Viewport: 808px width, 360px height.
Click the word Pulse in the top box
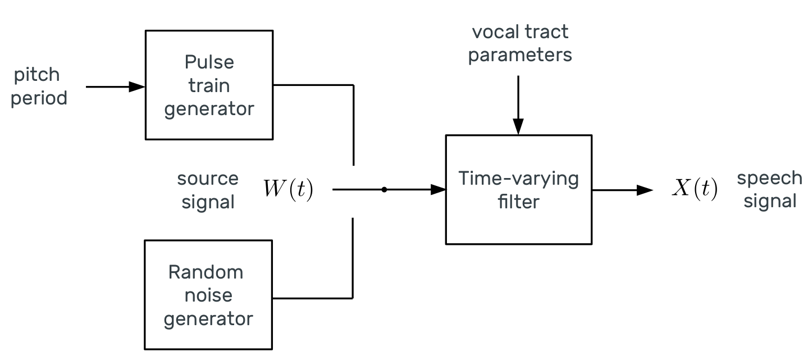coord(209,62)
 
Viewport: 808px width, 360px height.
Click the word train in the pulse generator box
coord(209,85)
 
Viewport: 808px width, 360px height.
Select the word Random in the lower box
coord(206,272)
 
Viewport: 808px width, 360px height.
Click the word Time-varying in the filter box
coord(518,179)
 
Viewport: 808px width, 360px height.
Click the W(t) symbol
coord(288,189)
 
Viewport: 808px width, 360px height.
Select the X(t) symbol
coord(695,188)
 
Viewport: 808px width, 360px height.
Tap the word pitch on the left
coord(37,75)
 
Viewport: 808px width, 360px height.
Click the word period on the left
coord(39,98)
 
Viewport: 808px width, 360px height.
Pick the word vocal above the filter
coord(495,32)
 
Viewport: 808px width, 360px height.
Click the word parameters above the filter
coord(520,56)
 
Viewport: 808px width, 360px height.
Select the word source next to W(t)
coord(208,179)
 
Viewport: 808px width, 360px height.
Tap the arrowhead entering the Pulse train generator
coord(137,86)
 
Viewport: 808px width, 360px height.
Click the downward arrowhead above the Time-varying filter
coord(518,127)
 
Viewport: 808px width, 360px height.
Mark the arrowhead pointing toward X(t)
coord(645,190)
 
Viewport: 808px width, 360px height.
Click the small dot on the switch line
coord(384,189)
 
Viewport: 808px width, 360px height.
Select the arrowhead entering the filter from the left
coord(439,189)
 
